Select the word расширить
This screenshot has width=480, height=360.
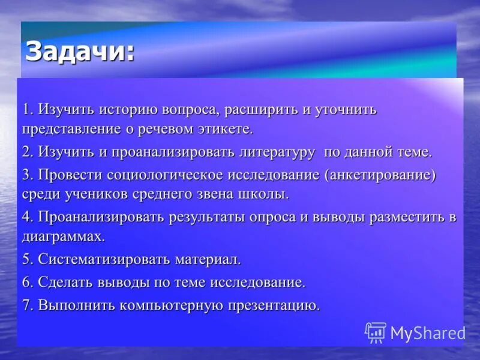point(261,110)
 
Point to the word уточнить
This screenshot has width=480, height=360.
point(347,110)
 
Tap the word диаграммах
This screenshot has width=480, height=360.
point(64,236)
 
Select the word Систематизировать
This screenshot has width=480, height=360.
point(105,259)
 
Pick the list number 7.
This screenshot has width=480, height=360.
point(27,305)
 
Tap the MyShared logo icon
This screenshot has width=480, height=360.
point(376,332)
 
